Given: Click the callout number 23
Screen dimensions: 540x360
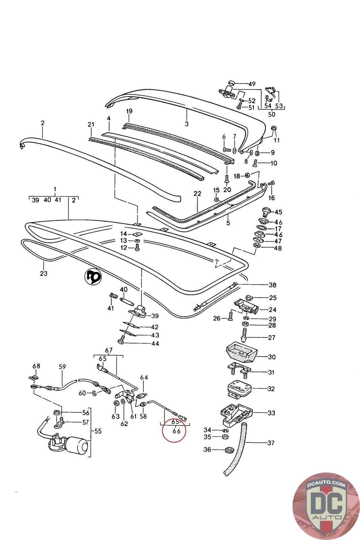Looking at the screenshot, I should point(44,273).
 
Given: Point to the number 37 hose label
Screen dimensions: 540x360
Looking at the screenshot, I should point(271,442).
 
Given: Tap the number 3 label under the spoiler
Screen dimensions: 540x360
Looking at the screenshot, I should point(187,124).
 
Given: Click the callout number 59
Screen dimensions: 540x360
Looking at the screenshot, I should point(62,367).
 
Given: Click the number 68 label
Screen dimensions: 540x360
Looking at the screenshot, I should point(36,366).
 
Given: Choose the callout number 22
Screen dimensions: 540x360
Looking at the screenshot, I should point(197,194).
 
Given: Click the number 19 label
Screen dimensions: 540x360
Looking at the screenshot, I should point(130,111).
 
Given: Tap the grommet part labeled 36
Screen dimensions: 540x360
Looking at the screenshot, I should point(229,450).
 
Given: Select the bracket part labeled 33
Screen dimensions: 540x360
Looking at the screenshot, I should point(236,414).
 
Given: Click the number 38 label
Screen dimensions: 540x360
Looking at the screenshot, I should point(272,285).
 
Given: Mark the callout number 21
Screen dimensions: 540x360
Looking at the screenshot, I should point(91,125).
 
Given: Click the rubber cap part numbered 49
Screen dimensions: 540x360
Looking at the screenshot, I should point(230,83).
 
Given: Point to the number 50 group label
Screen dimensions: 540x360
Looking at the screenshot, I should point(271,114).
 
